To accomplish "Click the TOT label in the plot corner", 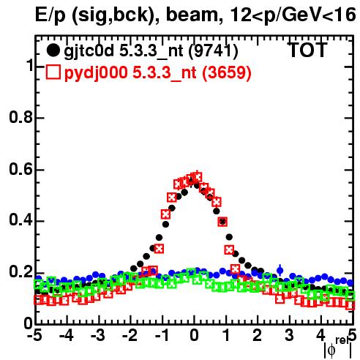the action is click(307, 50).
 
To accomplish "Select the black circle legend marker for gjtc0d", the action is click(53, 50).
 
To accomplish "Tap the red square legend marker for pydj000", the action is click(53, 72).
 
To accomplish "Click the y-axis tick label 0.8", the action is click(21, 117).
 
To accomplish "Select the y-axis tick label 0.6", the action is click(21, 169).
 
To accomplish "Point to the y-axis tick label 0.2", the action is click(21, 271).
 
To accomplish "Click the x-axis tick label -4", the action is click(67, 335).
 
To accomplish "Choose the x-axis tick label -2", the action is click(130, 335).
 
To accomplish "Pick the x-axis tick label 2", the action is click(258, 335).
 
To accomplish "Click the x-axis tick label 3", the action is click(289, 335).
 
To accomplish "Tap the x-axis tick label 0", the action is click(194, 335).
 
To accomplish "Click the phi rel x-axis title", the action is click(338, 347).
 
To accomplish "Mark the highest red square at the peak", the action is click(197, 177).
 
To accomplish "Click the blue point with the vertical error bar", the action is click(280, 270).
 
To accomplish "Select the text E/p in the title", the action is click(50, 15).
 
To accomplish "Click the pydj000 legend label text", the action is click(96, 73).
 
